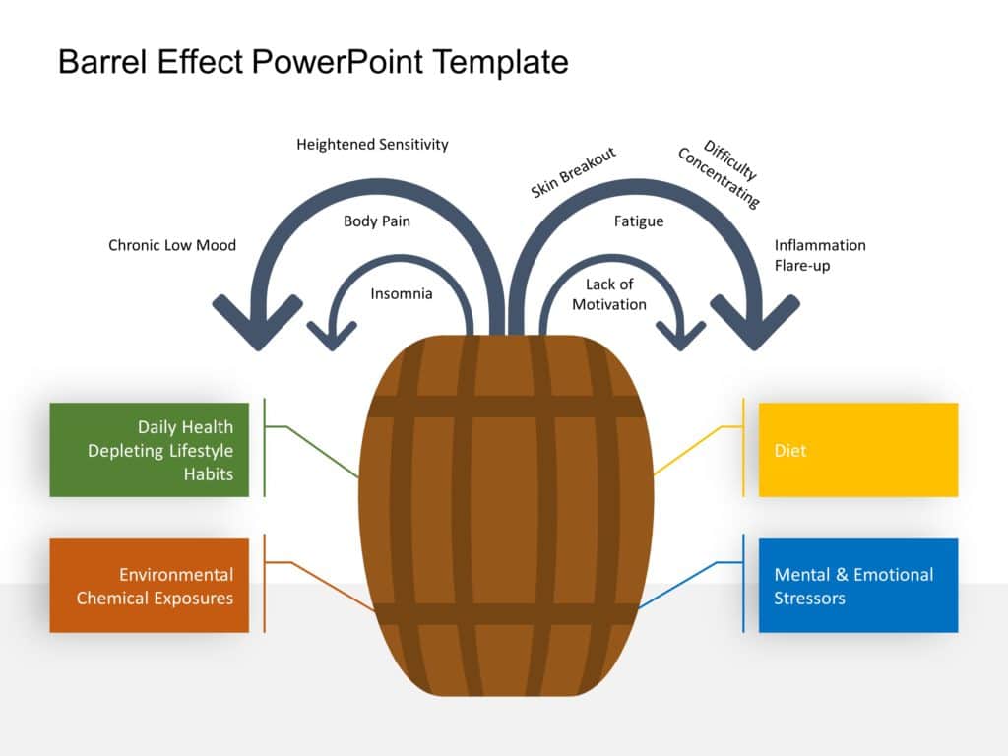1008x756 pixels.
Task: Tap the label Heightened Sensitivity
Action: [372, 145]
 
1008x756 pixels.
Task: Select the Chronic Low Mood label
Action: [172, 245]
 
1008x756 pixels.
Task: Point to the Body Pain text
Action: [377, 221]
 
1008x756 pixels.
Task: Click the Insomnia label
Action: [402, 293]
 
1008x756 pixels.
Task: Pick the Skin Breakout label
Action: [573, 172]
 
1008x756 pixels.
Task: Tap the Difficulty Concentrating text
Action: [720, 174]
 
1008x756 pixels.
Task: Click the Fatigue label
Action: [639, 221]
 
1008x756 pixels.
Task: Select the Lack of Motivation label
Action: [609, 294]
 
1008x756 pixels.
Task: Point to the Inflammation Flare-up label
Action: [819, 255]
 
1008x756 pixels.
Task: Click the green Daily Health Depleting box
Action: [150, 450]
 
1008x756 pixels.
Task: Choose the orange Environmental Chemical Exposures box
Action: [150, 586]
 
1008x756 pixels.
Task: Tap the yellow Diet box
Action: [857, 450]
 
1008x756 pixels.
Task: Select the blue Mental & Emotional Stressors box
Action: [857, 586]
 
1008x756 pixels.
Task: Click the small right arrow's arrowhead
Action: [680, 338]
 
